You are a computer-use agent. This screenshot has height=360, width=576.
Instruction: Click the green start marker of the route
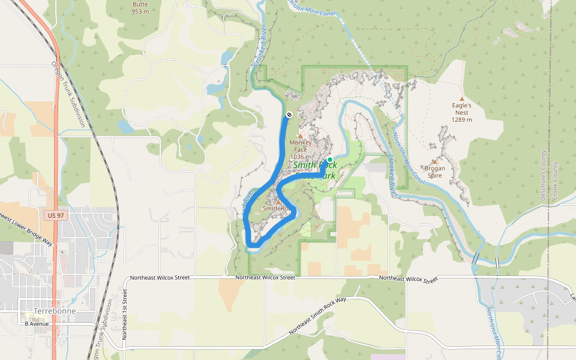[329, 160]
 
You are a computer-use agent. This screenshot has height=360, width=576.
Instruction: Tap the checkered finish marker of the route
[289, 114]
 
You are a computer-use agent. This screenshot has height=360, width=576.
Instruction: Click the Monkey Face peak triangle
[301, 136]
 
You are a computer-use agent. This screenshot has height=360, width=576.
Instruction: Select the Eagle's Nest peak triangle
[461, 98]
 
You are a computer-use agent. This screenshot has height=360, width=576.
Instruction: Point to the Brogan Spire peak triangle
[434, 162]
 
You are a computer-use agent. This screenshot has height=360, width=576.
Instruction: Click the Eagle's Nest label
[461, 109]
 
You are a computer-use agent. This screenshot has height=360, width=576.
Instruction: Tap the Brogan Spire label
[434, 172]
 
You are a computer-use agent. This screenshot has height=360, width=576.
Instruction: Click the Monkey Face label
[300, 146]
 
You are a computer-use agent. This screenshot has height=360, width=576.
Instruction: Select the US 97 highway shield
[53, 214]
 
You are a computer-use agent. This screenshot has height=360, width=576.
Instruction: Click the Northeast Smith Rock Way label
[318, 316]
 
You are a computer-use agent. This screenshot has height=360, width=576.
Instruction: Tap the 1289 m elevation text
[461, 119]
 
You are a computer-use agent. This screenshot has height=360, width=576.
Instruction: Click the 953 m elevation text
[140, 11]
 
